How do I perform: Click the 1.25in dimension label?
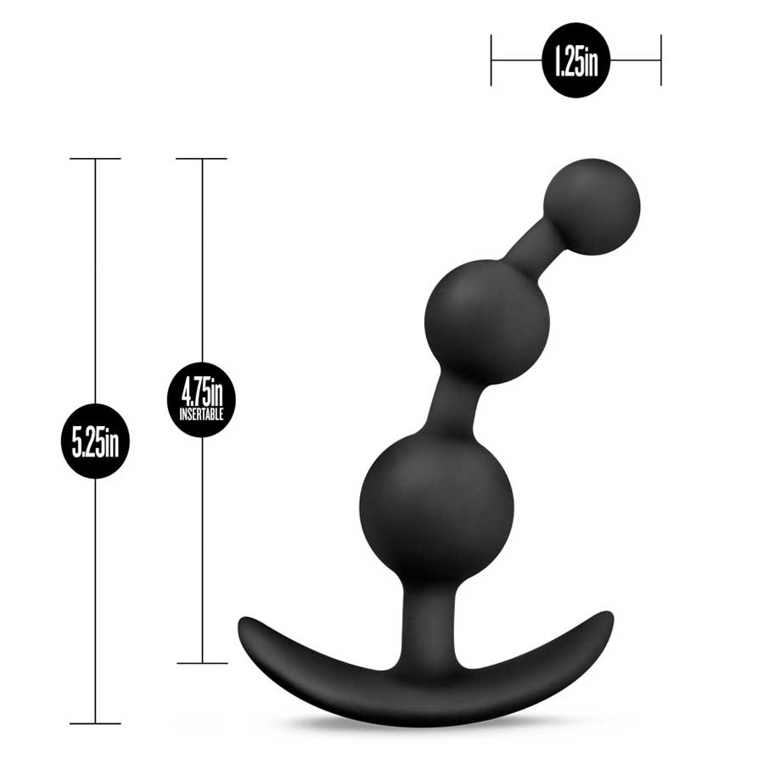click(x=576, y=60)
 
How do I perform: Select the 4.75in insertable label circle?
click(x=201, y=398)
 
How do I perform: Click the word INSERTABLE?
click(x=201, y=415)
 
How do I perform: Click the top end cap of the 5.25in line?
click(x=94, y=159)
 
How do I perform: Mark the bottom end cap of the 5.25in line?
click(x=94, y=723)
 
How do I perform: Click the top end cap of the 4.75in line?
click(x=201, y=159)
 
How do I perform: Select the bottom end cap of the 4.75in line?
click(x=201, y=663)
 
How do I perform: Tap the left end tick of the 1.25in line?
click(x=492, y=60)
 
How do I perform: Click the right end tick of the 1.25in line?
click(x=660, y=60)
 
